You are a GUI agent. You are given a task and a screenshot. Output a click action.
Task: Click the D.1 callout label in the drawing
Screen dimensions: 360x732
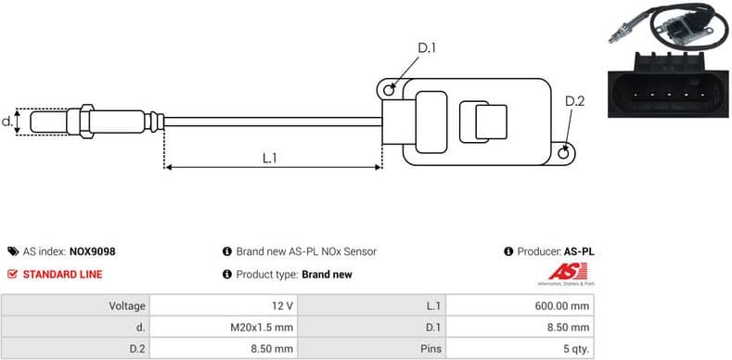427,47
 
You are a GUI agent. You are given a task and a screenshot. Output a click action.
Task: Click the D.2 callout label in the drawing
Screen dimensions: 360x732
574,101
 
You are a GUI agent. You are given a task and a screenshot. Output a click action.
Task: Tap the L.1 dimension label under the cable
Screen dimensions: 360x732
270,158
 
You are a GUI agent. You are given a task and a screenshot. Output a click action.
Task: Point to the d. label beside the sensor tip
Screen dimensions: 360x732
7,122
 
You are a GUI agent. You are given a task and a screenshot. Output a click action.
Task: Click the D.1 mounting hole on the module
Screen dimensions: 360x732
392,89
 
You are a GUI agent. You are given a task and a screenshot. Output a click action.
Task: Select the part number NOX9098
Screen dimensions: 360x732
92,251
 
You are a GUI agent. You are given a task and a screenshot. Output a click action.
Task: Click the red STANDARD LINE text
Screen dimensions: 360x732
62,275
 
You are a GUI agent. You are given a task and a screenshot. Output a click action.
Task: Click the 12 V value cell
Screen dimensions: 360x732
284,305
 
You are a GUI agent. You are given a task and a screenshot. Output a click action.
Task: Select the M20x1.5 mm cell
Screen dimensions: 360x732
263,328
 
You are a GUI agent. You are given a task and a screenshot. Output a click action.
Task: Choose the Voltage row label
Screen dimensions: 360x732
126,305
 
